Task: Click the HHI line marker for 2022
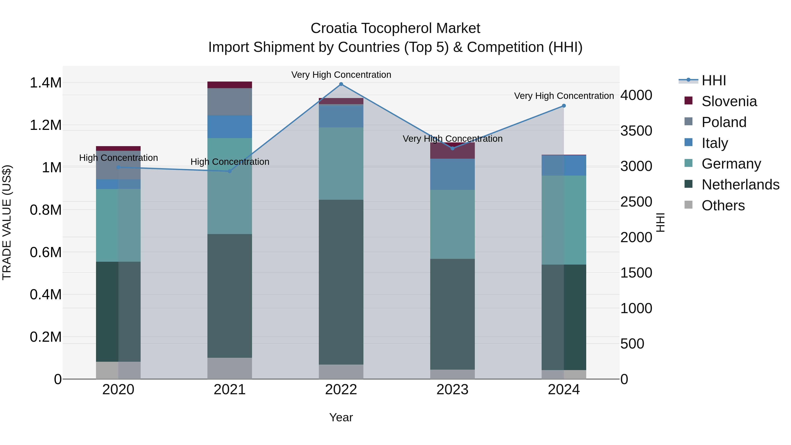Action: pos(341,84)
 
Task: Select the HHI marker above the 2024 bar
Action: pos(564,106)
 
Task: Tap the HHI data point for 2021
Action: pos(230,171)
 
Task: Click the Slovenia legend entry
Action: pos(729,101)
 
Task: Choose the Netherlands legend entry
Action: pos(740,185)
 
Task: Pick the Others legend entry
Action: pos(723,205)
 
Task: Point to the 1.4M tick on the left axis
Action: pos(45,83)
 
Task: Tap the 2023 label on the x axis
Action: pos(452,390)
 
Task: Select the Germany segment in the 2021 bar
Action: pos(230,186)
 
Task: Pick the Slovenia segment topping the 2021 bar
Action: pos(230,85)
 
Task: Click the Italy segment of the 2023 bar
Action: pos(452,174)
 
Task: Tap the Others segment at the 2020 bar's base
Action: pos(118,370)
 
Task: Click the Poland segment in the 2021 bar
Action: pos(230,102)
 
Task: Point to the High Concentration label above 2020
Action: pos(118,158)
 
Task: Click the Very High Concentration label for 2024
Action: pos(564,96)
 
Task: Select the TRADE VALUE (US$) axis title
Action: pos(7,222)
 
